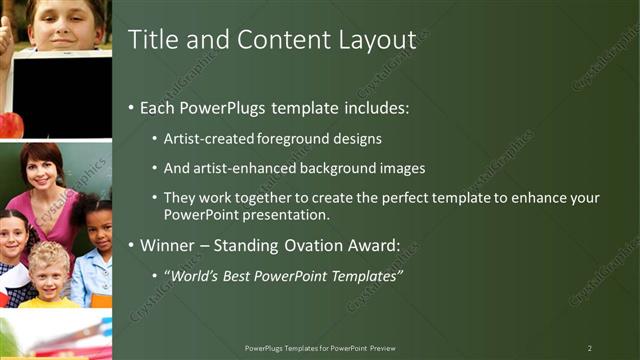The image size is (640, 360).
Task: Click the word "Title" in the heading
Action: tap(153, 40)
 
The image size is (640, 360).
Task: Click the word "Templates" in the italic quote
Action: tap(365, 275)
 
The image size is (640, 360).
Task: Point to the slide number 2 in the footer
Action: tap(589, 348)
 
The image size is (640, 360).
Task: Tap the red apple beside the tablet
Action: tap(10, 124)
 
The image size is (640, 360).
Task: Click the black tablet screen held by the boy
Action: tap(62, 94)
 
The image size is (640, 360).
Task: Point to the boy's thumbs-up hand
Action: tap(5, 35)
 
